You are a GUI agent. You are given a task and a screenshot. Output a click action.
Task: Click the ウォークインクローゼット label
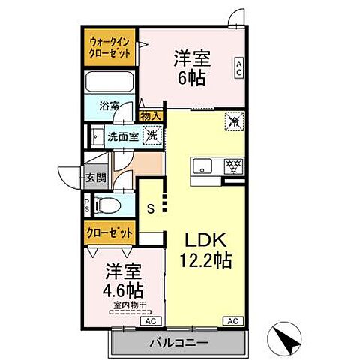(109, 49)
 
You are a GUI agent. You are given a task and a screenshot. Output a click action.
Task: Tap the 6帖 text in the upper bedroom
(190, 77)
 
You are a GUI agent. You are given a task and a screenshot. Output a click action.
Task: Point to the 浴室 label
(109, 106)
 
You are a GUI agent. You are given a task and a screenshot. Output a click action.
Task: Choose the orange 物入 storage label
(151, 116)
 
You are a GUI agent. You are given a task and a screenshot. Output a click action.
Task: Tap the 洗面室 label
(120, 137)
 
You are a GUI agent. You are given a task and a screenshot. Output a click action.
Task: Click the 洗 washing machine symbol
(151, 136)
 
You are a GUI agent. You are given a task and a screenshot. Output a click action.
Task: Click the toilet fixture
(112, 204)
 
